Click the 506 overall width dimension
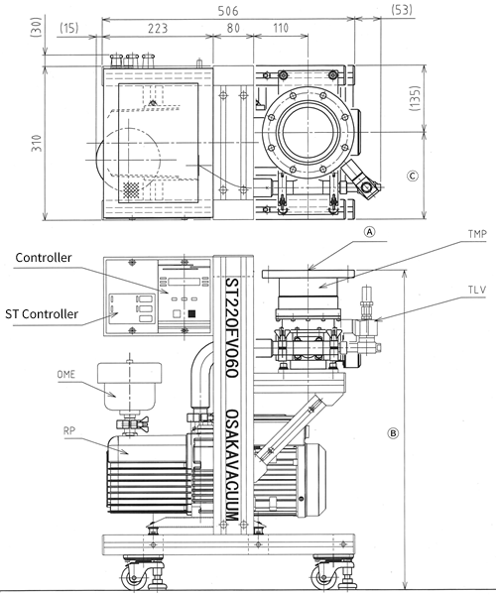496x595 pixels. coord(228,11)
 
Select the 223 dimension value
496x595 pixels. coord(157,28)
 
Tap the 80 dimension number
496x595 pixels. coord(233,28)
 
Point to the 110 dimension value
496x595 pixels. coord(281,28)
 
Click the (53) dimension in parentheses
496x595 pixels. coord(402,10)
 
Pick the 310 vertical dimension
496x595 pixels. coord(37,143)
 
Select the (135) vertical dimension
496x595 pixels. coord(416,98)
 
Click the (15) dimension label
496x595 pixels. coord(69,28)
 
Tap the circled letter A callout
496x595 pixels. coord(369,231)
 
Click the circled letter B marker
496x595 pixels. coord(393,433)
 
